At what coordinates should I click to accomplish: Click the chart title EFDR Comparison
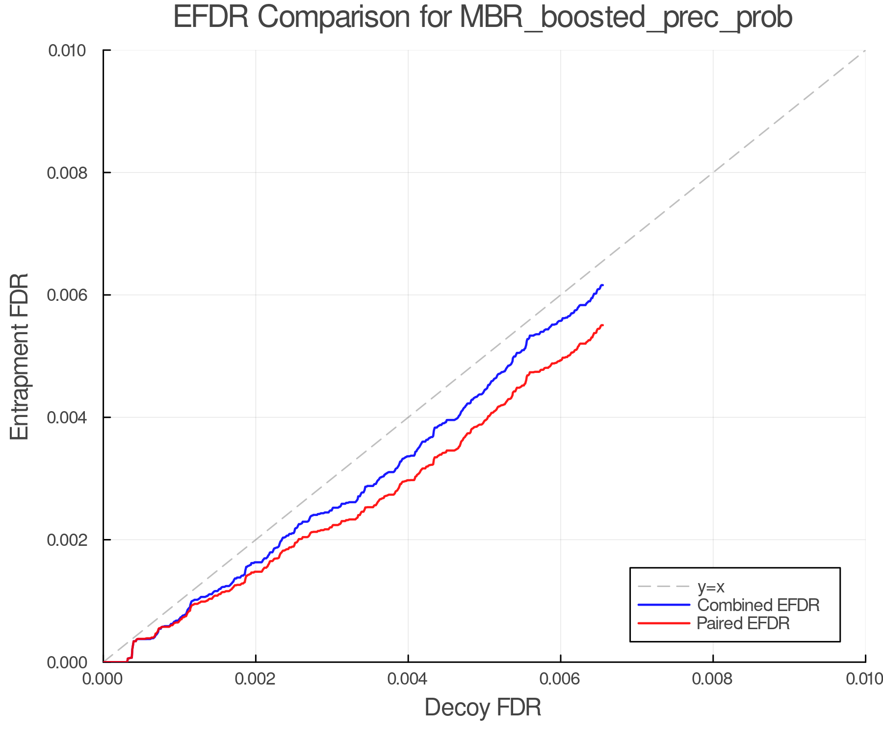click(483, 18)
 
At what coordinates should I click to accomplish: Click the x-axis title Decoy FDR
click(483, 708)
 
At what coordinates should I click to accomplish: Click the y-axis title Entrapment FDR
click(20, 356)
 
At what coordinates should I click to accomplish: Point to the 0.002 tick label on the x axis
click(256, 679)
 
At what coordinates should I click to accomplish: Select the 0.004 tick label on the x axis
click(408, 679)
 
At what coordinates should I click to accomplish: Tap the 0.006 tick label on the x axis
click(561, 679)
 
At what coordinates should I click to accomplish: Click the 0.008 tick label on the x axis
click(713, 679)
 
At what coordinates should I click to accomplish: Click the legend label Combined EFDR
click(758, 605)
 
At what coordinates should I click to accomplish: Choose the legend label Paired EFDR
click(743, 623)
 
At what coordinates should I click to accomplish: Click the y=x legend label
click(711, 587)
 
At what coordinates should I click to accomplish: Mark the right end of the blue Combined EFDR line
click(602, 285)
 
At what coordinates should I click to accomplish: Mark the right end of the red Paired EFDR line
click(602, 325)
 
